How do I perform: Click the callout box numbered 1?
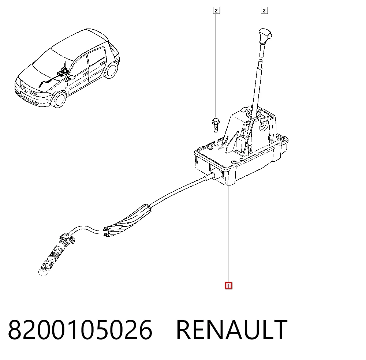pyautogui.click(x=228, y=286)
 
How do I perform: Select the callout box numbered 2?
pyautogui.click(x=216, y=11)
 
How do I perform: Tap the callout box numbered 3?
pyautogui.click(x=264, y=11)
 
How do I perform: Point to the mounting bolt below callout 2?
pyautogui.click(x=215, y=125)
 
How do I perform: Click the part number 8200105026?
pyautogui.click(x=80, y=330)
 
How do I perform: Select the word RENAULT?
pyautogui.click(x=232, y=330)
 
